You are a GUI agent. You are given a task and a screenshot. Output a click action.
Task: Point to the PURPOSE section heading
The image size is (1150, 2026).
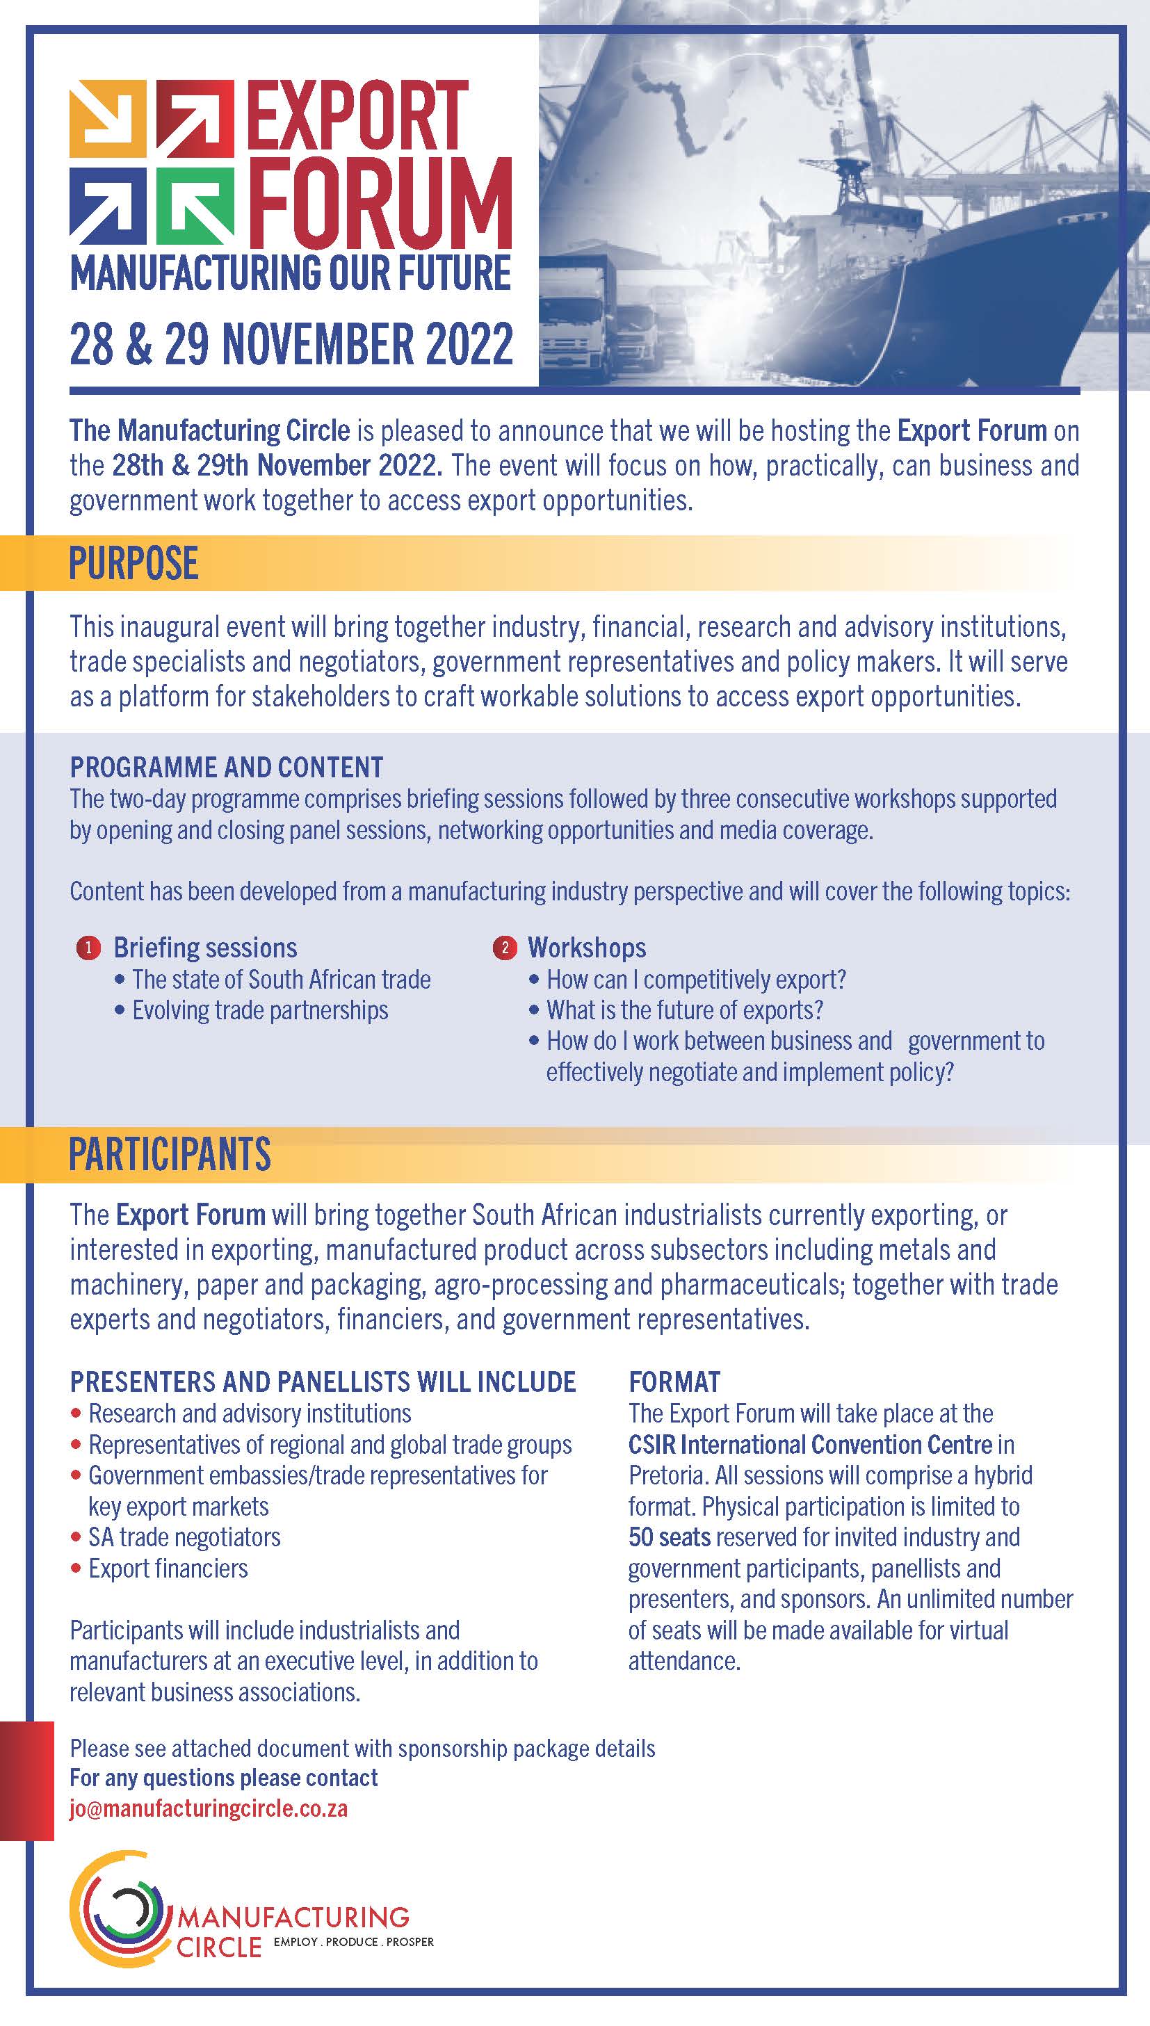pos(133,564)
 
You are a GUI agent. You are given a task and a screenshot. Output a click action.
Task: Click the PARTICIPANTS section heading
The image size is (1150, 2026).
pos(170,1154)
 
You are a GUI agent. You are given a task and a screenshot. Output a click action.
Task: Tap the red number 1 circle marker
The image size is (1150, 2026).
pos(88,948)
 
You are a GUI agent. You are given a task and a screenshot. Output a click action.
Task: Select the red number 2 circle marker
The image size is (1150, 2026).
pos(504,948)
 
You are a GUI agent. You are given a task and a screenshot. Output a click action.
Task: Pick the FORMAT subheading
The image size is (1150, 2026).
pos(674,1381)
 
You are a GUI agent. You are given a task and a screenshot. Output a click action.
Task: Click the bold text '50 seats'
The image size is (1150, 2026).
pos(669,1537)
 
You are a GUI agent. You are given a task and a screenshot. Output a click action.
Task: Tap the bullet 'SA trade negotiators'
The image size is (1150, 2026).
pos(184,1537)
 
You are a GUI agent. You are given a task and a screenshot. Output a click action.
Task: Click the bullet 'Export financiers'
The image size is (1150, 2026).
pos(168,1567)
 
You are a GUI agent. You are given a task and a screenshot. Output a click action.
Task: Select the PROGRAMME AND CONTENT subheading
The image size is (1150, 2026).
pos(226,767)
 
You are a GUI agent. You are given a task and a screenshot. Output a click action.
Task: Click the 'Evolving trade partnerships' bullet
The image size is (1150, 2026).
pos(260,1011)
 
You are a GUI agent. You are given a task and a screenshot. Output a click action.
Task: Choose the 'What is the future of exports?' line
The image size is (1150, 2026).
pos(685,1011)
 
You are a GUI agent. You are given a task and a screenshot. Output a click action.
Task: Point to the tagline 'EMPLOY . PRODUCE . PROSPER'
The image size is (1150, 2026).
pos(353,1941)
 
